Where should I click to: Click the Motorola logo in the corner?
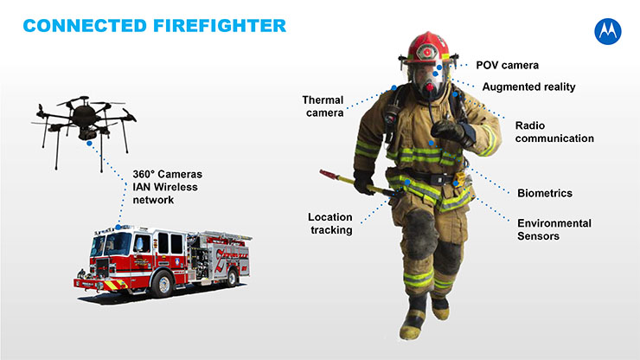click(x=608, y=31)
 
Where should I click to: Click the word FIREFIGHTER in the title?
click(x=220, y=26)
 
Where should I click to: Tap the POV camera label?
click(x=508, y=66)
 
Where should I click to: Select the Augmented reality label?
click(x=529, y=87)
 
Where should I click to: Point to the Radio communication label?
click(x=554, y=132)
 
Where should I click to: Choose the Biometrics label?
click(x=545, y=193)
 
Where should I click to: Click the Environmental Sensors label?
click(x=554, y=229)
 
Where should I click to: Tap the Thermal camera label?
click(x=323, y=106)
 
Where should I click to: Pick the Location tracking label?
click(x=330, y=223)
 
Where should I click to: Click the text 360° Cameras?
click(x=167, y=174)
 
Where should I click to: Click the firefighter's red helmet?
click(x=428, y=48)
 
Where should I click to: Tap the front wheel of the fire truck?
click(x=163, y=283)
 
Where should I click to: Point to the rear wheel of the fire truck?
click(x=232, y=278)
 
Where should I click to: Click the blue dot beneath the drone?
click(x=89, y=143)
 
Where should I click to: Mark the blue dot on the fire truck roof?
click(x=118, y=227)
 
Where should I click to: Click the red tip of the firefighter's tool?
click(x=328, y=175)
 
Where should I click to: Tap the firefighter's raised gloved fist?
click(x=448, y=131)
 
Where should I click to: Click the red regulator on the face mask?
click(x=429, y=87)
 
